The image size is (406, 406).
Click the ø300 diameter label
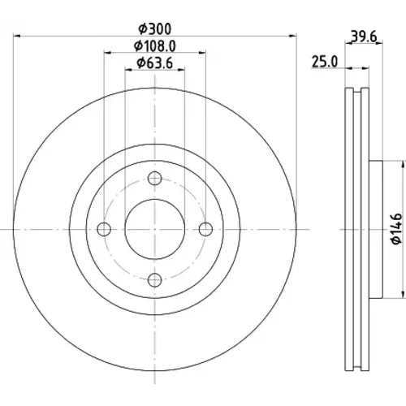click(155, 29)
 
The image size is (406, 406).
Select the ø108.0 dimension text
click(155, 46)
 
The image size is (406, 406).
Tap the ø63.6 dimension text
click(155, 63)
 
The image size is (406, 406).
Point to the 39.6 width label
click(364, 37)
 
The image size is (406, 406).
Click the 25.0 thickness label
click(325, 62)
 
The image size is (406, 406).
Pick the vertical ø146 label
click(397, 229)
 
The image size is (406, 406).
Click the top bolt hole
click(155, 179)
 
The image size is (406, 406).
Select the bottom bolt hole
click(155, 280)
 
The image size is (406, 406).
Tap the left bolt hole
click(104, 229)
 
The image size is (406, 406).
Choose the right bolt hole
click(205, 229)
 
